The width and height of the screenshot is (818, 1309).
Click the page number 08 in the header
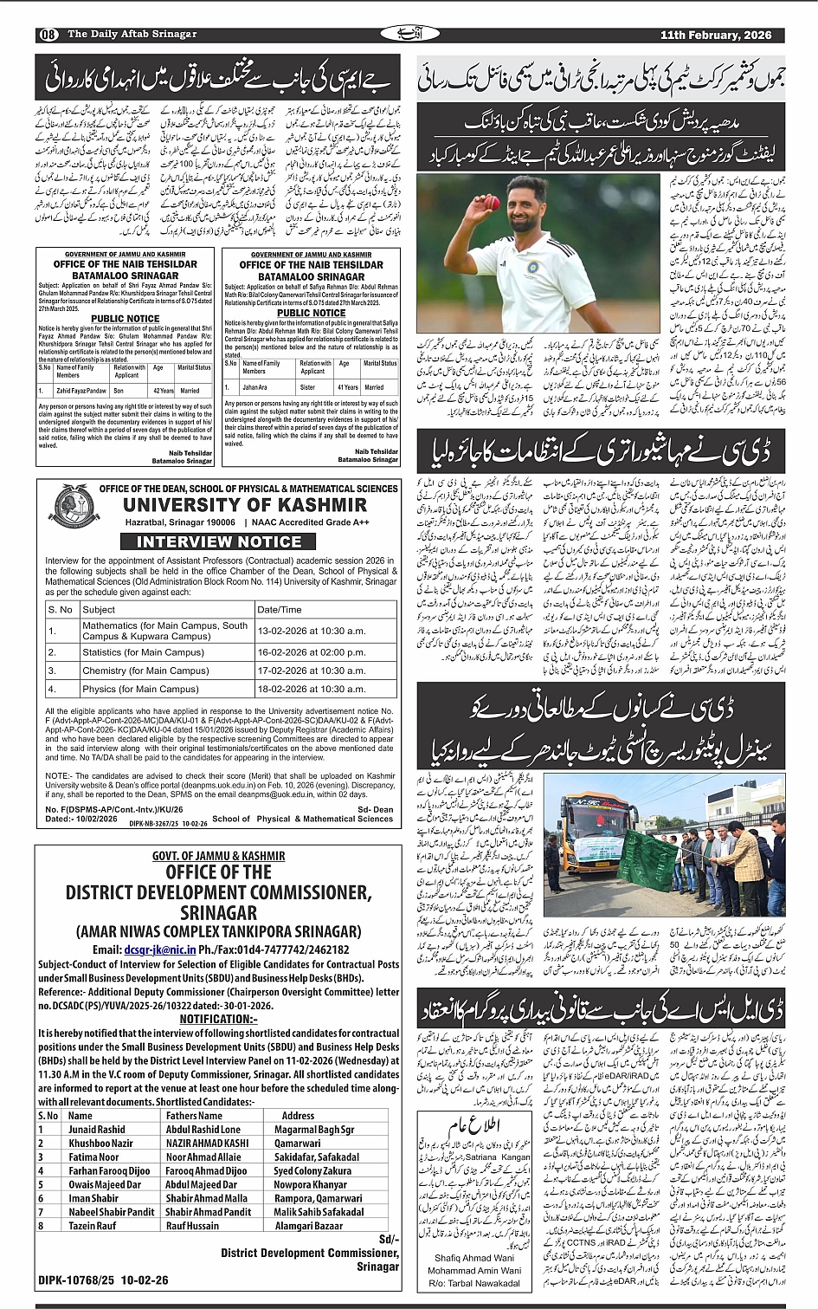48,35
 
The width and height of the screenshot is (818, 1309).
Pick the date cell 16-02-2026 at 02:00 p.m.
300,652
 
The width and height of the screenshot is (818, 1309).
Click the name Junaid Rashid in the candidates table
97,1130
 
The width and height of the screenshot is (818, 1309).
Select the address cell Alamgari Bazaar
308,1225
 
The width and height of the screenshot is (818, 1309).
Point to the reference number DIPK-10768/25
79,1280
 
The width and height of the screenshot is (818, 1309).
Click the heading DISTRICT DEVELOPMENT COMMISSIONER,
219,892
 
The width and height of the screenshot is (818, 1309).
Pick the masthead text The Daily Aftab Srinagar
132,35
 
